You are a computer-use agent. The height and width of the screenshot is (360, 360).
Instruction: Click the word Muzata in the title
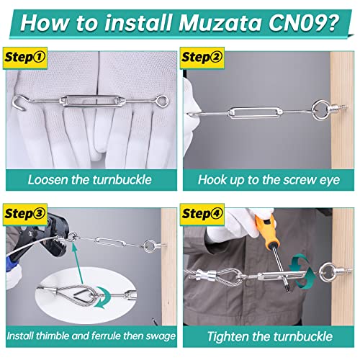pos(216,23)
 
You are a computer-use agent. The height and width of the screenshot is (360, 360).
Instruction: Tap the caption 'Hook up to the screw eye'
pos(270,179)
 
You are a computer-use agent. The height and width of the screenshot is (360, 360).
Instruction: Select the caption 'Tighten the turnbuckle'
pos(270,336)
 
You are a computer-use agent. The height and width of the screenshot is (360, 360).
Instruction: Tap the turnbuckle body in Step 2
pos(249,113)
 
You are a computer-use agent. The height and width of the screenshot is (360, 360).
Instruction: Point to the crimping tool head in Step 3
pos(40,232)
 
